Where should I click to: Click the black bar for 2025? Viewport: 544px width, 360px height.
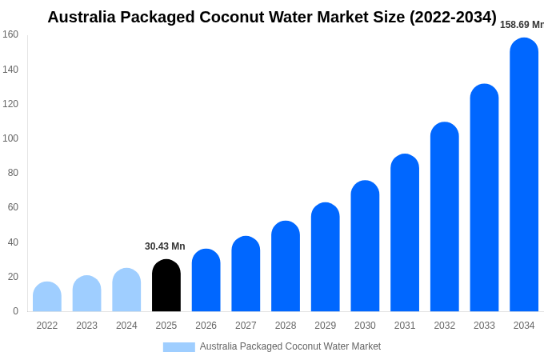click(x=166, y=286)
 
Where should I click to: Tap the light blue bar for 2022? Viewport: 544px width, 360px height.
click(x=47, y=297)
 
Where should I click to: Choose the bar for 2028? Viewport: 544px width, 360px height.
click(x=286, y=266)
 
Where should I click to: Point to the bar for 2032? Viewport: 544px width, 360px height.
click(x=445, y=217)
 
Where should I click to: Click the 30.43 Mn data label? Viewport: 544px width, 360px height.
click(x=165, y=246)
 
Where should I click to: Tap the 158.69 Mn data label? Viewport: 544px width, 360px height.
click(x=522, y=25)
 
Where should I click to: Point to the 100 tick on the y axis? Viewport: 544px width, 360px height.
click(x=10, y=138)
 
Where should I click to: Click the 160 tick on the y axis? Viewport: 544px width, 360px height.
click(x=10, y=34)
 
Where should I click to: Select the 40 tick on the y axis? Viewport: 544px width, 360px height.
click(x=12, y=242)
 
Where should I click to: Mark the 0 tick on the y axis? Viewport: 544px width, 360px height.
click(x=15, y=311)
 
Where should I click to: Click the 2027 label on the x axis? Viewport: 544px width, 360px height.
click(x=246, y=326)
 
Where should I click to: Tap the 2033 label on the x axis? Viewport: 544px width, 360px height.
click(x=484, y=326)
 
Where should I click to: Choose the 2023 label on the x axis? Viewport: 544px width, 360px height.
click(x=86, y=326)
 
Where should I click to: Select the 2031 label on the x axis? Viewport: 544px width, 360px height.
click(x=405, y=326)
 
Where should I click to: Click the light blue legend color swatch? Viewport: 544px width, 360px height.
click(x=178, y=347)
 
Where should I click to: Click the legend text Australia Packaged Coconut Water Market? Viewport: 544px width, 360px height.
click(x=290, y=346)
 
